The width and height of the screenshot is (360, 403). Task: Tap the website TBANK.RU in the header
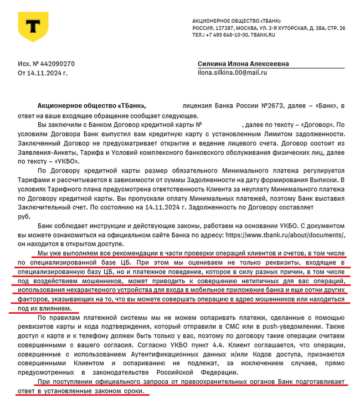pos(263,34)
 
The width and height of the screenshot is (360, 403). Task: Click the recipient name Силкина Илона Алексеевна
pos(243,64)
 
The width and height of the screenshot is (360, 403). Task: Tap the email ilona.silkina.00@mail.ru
pos(233,73)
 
